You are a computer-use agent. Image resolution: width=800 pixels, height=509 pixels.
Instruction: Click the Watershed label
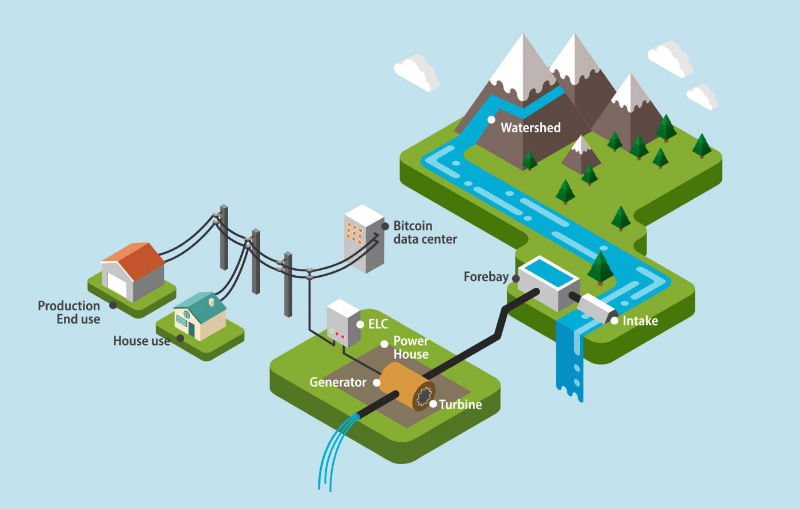[530, 128]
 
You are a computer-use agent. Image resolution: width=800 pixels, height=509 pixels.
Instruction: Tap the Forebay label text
[486, 277]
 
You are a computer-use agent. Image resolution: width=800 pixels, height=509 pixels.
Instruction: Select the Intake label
[640, 321]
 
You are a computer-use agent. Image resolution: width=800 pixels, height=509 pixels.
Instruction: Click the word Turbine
[460, 404]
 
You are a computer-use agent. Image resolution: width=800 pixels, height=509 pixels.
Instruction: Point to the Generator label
[338, 382]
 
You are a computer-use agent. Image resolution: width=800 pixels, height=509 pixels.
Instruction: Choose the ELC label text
[378, 324]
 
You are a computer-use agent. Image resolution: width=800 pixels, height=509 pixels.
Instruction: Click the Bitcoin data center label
[425, 233]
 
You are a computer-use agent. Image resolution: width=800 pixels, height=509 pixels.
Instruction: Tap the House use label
[141, 341]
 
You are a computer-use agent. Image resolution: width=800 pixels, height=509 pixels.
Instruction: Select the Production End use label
[69, 313]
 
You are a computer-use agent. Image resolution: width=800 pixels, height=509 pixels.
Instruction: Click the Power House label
[410, 348]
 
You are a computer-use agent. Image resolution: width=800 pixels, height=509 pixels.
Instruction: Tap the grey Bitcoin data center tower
[364, 238]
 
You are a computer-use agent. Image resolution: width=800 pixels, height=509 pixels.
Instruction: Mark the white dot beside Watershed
[491, 119]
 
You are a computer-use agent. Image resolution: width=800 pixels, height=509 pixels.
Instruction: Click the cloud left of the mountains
[417, 71]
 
